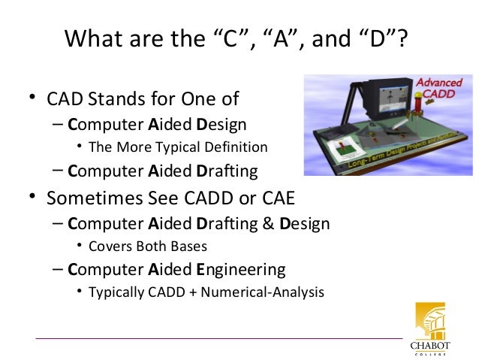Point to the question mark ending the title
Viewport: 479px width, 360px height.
[405, 39]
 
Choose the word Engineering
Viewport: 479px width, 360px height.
[240, 268]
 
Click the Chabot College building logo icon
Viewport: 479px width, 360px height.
[430, 321]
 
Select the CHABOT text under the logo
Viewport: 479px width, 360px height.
[430, 345]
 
